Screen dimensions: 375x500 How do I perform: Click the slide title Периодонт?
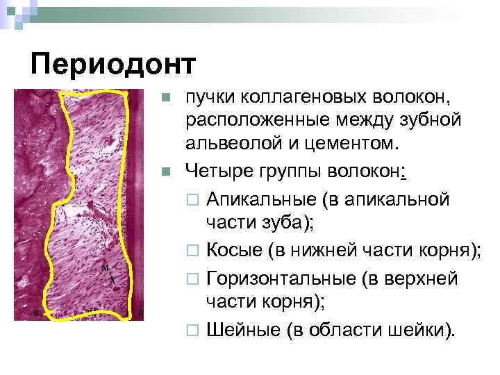point(114,65)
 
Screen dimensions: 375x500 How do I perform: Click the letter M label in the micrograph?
point(105,268)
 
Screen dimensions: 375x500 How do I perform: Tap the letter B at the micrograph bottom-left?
point(36,313)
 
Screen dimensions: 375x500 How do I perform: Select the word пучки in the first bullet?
point(206,99)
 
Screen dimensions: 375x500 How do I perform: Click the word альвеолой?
point(229,144)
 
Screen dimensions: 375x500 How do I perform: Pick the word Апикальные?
point(260,199)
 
